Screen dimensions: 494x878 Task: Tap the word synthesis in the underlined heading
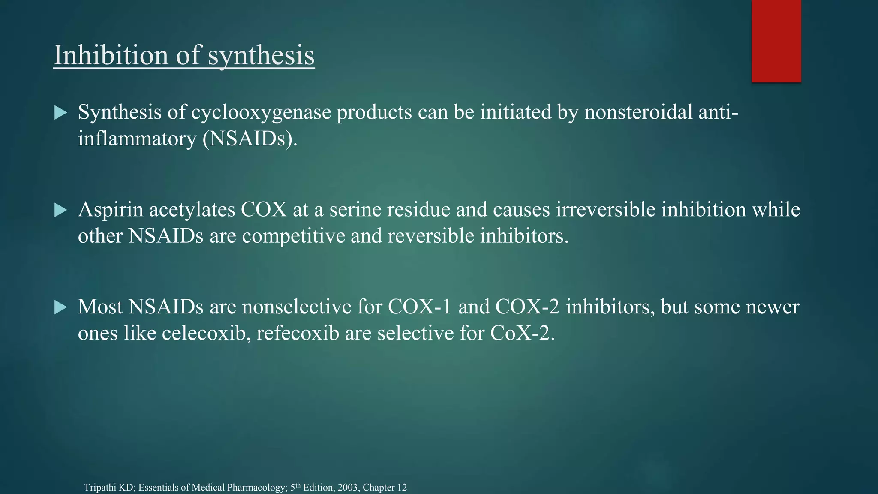click(261, 56)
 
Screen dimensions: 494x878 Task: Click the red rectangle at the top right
click(776, 41)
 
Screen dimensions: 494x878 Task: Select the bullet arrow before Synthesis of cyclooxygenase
click(61, 113)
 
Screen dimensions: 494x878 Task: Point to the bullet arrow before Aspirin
click(61, 211)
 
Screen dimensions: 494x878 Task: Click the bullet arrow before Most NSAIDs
click(61, 307)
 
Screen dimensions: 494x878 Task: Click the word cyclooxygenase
click(261, 113)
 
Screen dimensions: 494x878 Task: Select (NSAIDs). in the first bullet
click(250, 139)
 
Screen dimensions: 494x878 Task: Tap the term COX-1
click(419, 307)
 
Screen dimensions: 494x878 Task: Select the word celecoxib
click(206, 334)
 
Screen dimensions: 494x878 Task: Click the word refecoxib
click(298, 334)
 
